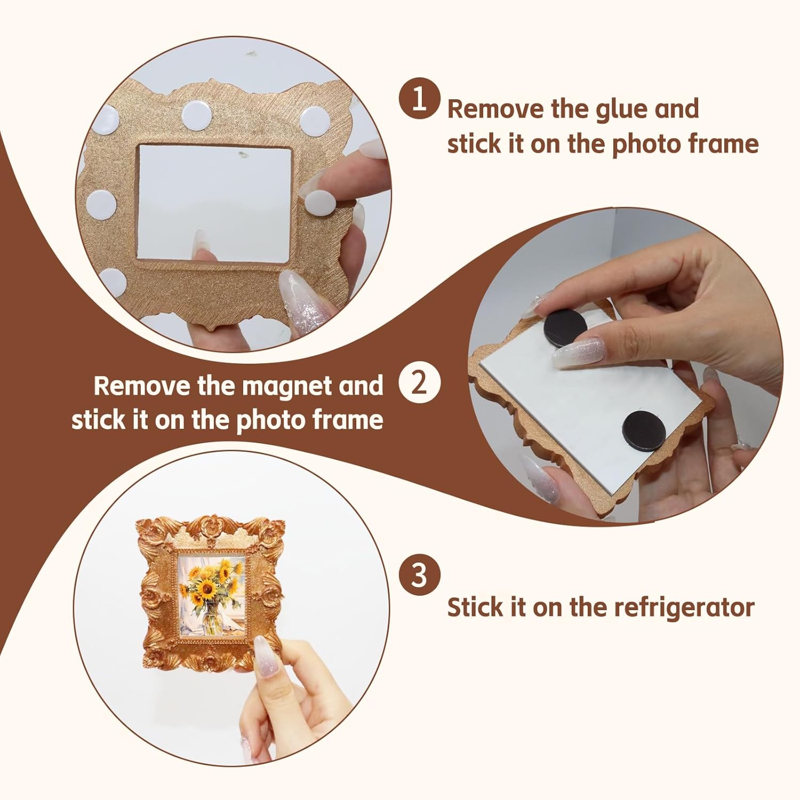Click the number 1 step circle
tap(420, 99)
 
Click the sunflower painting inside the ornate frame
tap(212, 595)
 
